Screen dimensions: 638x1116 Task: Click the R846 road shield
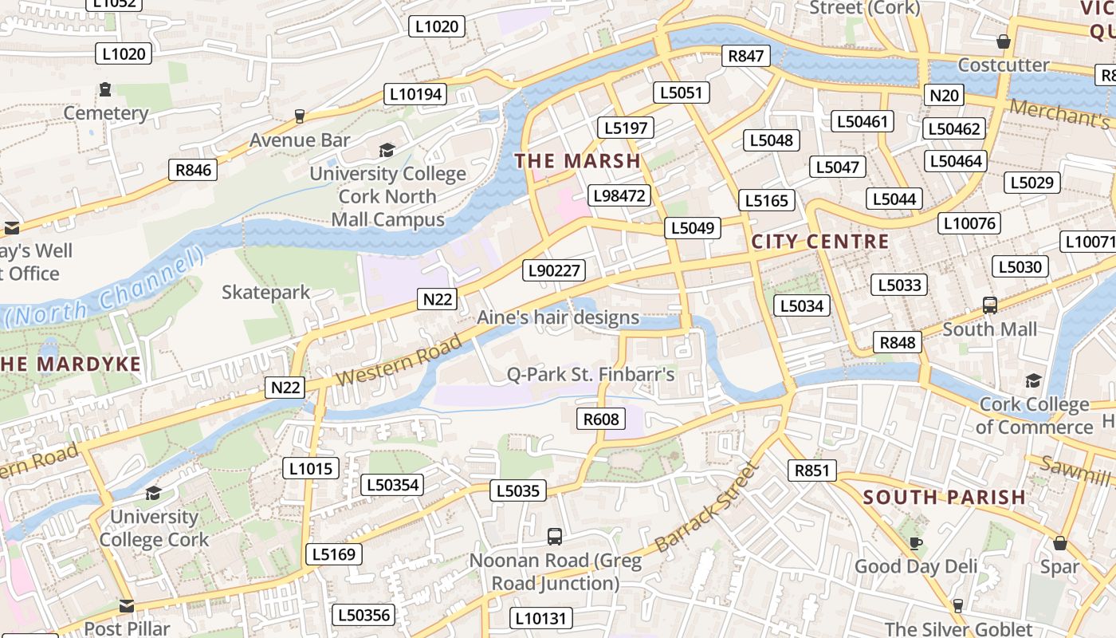click(194, 169)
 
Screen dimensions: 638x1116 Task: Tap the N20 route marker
click(945, 96)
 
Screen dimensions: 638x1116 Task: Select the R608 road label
click(601, 418)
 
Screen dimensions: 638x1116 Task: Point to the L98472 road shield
click(619, 195)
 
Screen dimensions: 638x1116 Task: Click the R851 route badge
click(812, 471)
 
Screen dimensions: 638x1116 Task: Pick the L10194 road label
click(415, 94)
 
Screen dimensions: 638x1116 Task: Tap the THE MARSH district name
click(578, 161)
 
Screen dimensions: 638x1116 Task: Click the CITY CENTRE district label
click(820, 242)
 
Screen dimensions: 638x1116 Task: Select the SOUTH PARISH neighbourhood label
click(945, 498)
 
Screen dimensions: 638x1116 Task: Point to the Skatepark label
click(266, 293)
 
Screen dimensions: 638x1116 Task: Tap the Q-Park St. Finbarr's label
click(591, 374)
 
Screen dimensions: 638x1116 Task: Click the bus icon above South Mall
click(990, 305)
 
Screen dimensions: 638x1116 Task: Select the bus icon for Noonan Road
click(555, 537)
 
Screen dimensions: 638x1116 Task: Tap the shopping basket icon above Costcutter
click(1004, 41)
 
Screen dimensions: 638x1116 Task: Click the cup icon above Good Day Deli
click(916, 543)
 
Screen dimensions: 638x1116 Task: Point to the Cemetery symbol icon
click(105, 89)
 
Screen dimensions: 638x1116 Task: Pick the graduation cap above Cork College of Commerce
click(1033, 380)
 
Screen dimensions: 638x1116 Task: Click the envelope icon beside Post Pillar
click(126, 606)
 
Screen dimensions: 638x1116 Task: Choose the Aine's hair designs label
click(558, 317)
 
